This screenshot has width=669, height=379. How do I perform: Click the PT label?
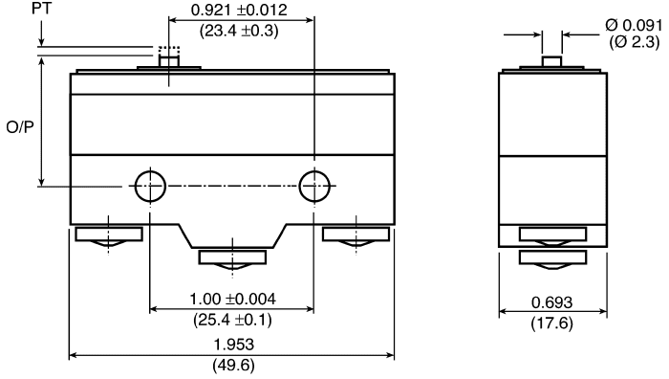pyautogui.click(x=41, y=9)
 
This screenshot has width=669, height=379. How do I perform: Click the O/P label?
pyautogui.click(x=20, y=127)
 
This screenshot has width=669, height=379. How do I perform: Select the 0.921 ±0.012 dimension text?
pyautogui.click(x=239, y=10)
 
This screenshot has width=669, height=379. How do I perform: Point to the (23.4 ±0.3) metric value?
pyautogui.click(x=239, y=31)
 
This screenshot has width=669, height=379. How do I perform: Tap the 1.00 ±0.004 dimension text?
pyautogui.click(x=232, y=299)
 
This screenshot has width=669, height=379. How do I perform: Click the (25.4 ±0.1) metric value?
pyautogui.click(x=232, y=319)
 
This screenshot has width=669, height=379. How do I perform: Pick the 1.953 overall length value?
pyautogui.click(x=234, y=345)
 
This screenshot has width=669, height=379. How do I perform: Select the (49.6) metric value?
pyautogui.click(x=234, y=365)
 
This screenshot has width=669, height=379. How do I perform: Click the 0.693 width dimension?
pyautogui.click(x=551, y=303)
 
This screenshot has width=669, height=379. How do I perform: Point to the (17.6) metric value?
pyautogui.click(x=551, y=323)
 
